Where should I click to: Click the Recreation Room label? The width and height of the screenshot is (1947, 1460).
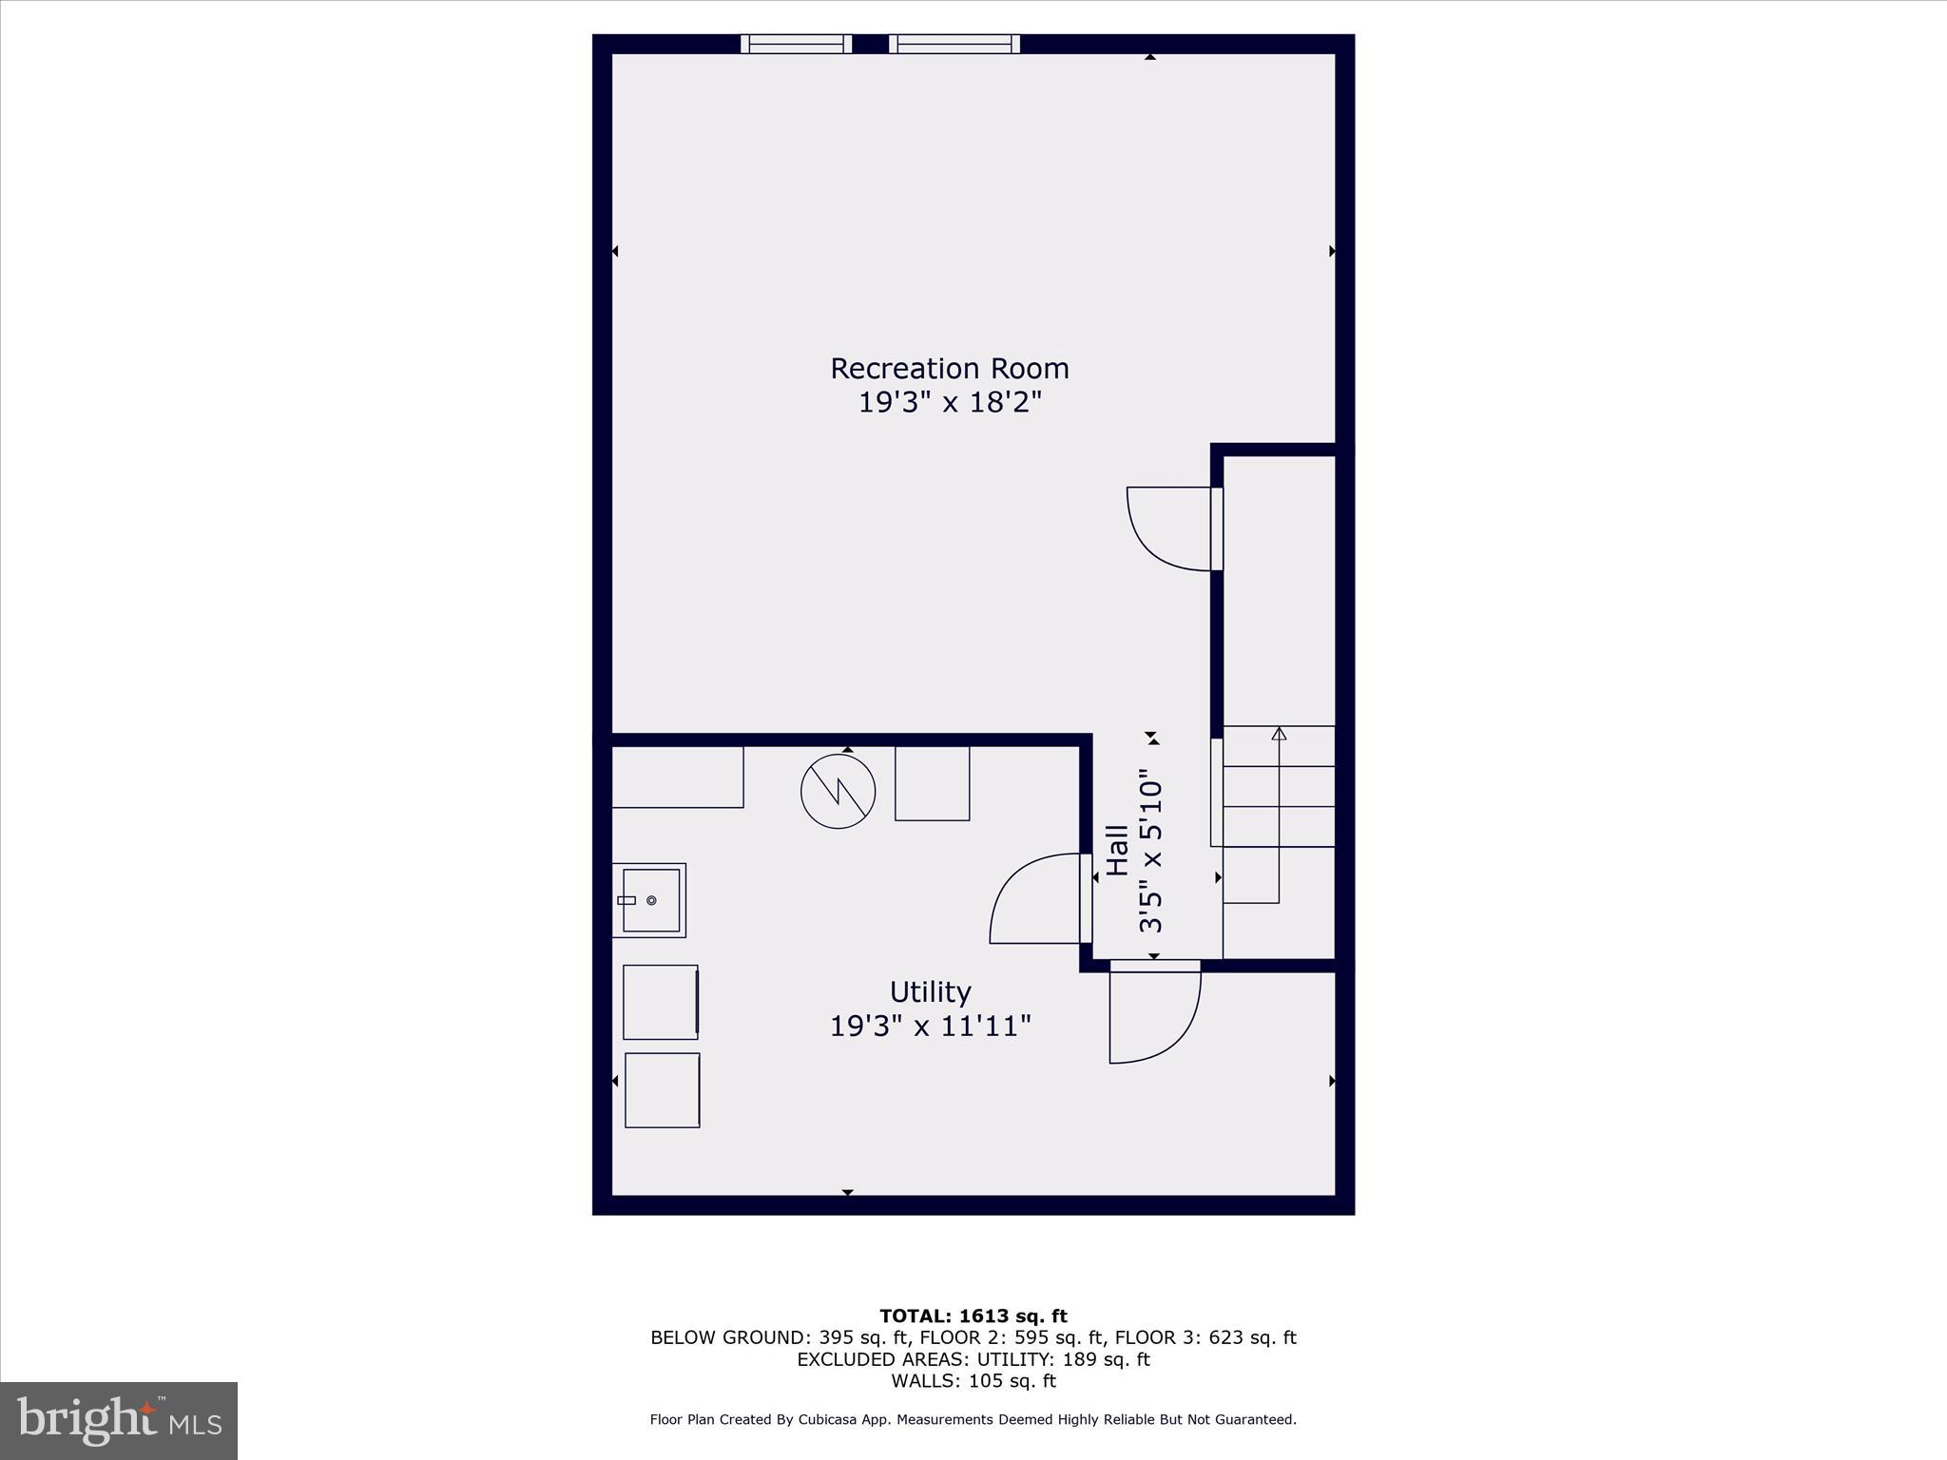(949, 368)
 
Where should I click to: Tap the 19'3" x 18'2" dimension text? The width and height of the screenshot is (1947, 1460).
(949, 403)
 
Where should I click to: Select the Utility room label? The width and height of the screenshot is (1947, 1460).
(930, 991)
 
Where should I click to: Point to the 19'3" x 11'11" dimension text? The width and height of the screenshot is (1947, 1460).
(930, 1027)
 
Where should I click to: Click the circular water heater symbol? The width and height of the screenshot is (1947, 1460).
(838, 791)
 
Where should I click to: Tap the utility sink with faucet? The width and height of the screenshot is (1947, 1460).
(649, 900)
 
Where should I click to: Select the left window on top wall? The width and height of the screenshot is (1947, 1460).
(796, 44)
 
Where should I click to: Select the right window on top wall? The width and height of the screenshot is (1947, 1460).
(954, 44)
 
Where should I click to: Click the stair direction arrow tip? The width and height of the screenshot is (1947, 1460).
(1279, 733)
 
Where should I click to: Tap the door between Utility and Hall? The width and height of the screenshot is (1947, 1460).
(1036, 898)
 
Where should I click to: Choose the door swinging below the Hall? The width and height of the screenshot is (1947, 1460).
(1155, 1013)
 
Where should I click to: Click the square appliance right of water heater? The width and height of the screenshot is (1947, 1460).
(932, 783)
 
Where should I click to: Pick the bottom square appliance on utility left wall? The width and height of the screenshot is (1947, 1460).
(662, 1090)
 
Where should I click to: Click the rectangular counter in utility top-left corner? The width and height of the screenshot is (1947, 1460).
(677, 777)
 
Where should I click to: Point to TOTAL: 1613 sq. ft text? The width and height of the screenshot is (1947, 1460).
(973, 1316)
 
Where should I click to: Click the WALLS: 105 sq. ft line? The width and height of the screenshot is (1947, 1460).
(973, 1381)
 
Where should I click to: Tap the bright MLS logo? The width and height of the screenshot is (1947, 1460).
(119, 1420)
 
